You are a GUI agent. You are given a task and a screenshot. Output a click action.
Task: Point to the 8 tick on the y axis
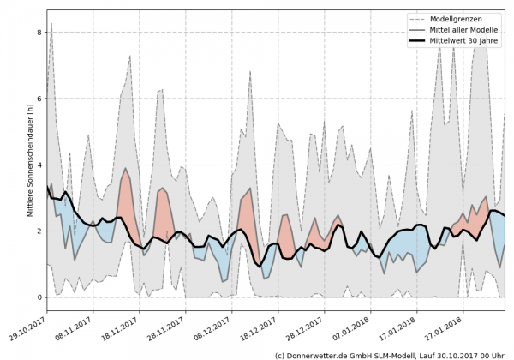tap(38, 33)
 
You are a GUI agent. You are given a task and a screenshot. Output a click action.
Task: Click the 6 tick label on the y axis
tap(38, 99)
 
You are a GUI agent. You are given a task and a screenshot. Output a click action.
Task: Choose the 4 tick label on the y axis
tap(38, 165)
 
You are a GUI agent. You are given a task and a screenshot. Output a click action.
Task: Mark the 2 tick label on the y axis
tap(38, 231)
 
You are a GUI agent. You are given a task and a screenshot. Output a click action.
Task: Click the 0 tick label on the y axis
tap(38, 297)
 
